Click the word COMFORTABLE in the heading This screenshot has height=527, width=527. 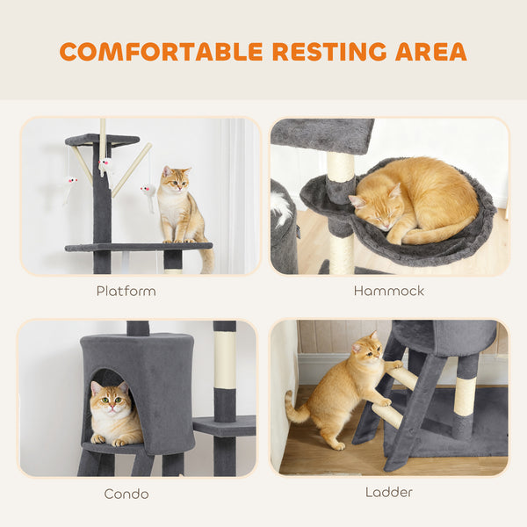161,51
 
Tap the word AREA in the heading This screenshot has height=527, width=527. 428,51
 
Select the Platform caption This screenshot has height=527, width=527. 126,291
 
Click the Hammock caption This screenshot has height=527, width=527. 388,291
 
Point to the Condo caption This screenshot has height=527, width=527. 126,494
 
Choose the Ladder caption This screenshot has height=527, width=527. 388,493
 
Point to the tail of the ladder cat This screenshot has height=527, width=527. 294,408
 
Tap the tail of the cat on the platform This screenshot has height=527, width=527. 207,259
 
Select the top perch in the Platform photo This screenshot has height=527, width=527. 102,140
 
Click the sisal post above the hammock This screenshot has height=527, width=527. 340,167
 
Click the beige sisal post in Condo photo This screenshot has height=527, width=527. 225,360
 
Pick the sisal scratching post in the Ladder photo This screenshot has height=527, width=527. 465,395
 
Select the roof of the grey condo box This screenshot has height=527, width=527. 136,341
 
